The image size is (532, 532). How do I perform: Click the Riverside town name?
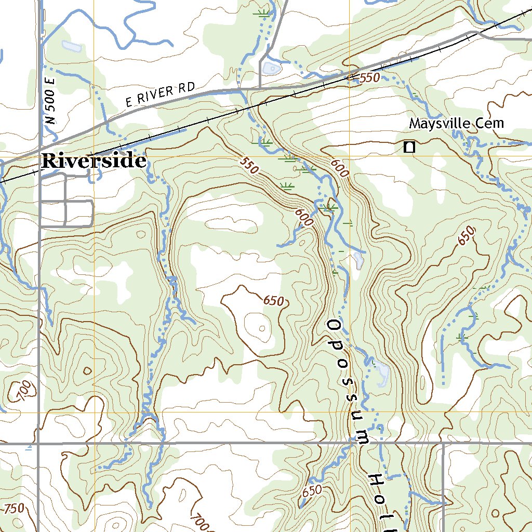click(94, 161)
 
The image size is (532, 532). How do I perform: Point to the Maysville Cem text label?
click(456, 124)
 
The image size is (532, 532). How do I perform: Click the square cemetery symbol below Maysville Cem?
click(409, 147)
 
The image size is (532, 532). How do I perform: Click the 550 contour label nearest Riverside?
click(249, 166)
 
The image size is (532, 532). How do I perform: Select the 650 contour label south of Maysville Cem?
click(467, 236)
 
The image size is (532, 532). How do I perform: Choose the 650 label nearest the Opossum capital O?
click(274, 301)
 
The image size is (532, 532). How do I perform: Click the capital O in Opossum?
click(334, 326)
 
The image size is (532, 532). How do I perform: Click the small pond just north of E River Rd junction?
click(272, 68)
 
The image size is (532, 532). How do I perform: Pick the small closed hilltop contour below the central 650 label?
click(262, 328)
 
